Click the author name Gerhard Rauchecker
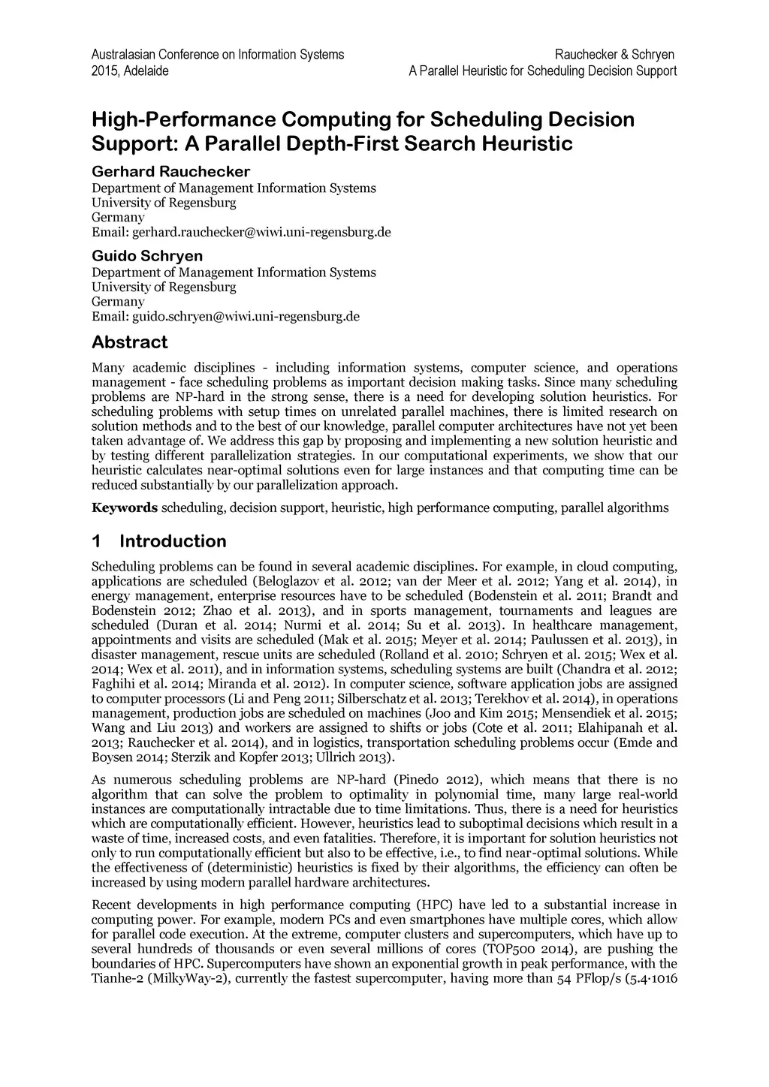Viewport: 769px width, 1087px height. click(170, 172)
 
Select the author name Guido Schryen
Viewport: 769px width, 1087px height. click(146, 257)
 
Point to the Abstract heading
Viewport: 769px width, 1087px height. click(129, 342)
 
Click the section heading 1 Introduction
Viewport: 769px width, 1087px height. click(158, 541)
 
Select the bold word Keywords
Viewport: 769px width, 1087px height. click(125, 508)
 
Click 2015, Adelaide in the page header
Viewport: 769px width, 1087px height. click(129, 71)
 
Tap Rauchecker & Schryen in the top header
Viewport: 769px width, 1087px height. click(614, 55)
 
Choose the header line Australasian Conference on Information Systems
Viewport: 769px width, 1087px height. click(217, 55)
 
